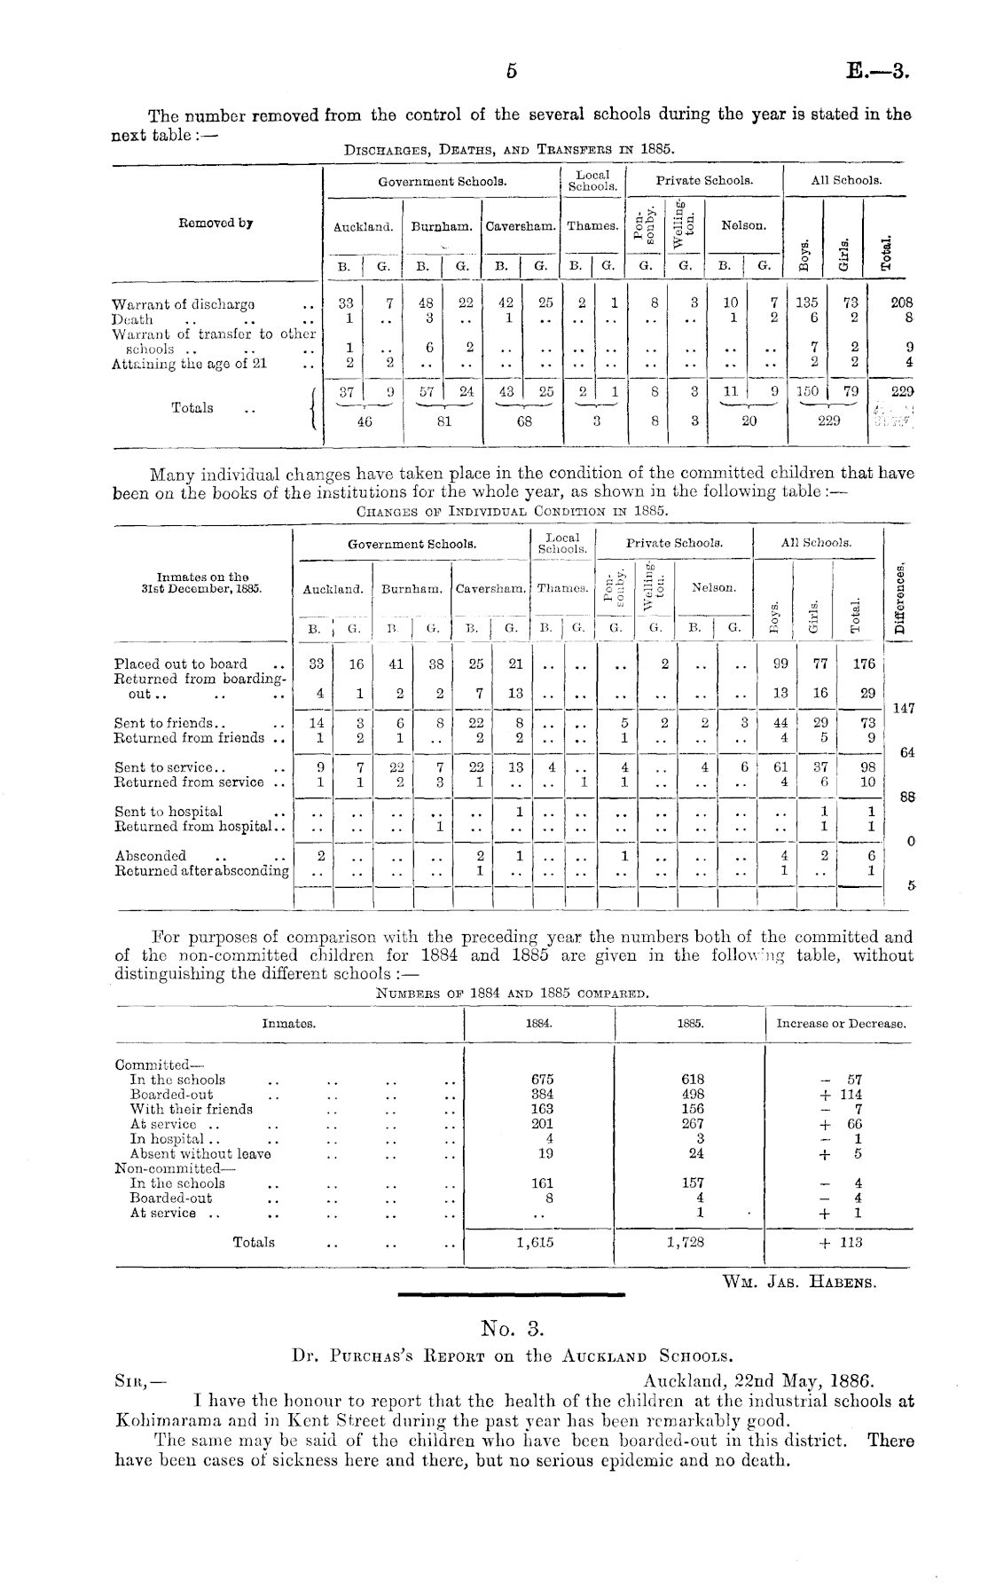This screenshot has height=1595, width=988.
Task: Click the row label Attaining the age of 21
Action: click(189, 362)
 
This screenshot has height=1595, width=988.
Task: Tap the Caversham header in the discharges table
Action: click(521, 226)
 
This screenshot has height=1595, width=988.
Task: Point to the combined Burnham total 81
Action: click(443, 422)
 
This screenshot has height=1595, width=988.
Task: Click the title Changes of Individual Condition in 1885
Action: click(512, 511)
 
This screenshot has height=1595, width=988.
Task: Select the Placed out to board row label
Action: click(181, 664)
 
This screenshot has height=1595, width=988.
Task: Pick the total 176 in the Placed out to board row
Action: click(864, 664)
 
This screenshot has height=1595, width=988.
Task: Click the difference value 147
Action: click(902, 708)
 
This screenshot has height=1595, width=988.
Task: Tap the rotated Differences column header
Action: click(901, 596)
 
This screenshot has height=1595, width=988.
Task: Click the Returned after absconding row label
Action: click(202, 870)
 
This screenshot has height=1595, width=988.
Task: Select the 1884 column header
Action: click(539, 1023)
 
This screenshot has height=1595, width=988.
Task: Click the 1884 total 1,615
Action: click(535, 1243)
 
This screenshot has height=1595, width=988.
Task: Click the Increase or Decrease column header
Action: click(841, 1023)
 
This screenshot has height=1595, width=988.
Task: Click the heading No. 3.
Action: click(512, 1328)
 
